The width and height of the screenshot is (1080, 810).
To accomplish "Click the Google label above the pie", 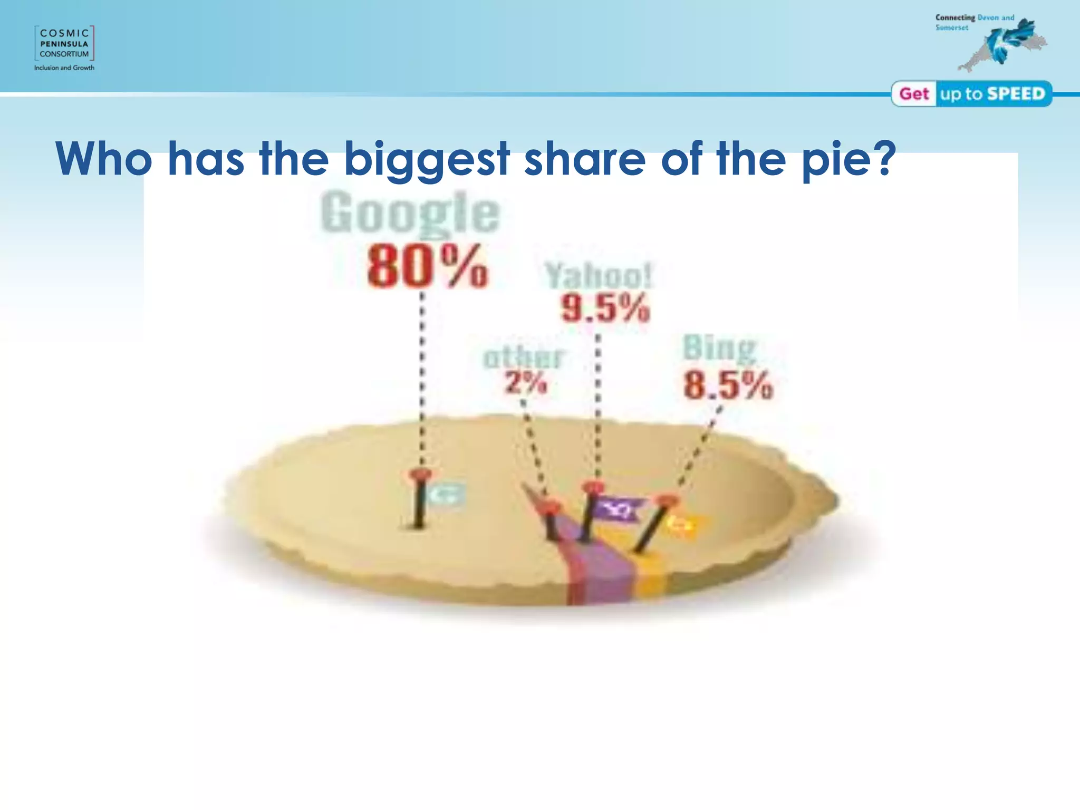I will (x=410, y=213).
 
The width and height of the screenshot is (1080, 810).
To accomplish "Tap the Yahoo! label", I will (x=599, y=275).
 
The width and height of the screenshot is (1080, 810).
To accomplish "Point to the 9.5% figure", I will (x=605, y=308).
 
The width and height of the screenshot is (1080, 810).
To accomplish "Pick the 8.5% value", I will (x=728, y=385).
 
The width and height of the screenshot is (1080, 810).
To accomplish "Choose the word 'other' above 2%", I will (x=524, y=358).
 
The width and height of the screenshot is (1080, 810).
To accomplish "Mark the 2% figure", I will (x=526, y=382).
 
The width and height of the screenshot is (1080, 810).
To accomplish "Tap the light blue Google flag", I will (x=446, y=495).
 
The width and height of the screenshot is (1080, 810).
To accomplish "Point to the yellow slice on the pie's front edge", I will (x=651, y=580).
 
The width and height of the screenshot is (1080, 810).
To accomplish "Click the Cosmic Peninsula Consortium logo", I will (x=64, y=43).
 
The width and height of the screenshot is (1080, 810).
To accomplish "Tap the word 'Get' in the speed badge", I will (x=914, y=94).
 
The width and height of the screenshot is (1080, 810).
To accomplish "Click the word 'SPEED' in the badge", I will (x=1016, y=94).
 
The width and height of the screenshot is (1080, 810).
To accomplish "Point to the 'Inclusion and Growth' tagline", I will (x=64, y=68).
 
